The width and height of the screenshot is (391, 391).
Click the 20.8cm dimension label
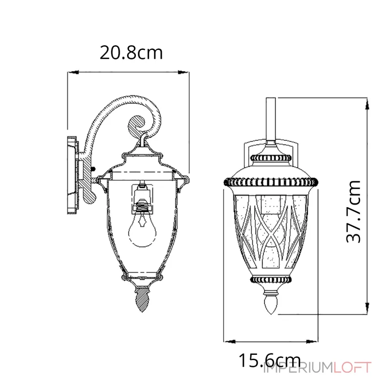click(131, 53)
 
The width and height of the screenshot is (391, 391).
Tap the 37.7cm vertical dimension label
click(353, 212)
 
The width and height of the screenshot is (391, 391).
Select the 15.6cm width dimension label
click(270, 360)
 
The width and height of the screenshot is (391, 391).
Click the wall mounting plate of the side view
click(72, 175)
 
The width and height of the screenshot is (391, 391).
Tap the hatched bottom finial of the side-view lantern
click(142, 299)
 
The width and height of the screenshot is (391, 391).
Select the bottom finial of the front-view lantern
click(271, 303)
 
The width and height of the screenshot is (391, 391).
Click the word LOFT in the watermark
click(352, 368)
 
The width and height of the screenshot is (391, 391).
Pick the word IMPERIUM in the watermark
click(299, 368)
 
